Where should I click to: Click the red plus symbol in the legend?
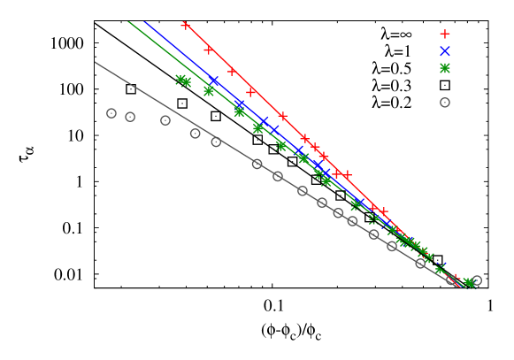tap(445, 34)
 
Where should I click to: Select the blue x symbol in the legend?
tap(445, 50)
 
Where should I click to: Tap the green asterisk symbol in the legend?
tap(445, 68)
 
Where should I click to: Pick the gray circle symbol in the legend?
tap(445, 103)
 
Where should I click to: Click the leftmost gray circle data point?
tap(111, 113)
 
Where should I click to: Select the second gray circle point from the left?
tap(130, 117)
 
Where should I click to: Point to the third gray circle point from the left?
tap(165, 120)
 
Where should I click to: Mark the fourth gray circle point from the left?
tap(196, 134)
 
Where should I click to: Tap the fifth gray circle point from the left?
tap(216, 142)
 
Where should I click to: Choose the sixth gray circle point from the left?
tap(257, 164)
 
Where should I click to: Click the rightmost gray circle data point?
tap(477, 280)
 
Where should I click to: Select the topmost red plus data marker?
tap(186, 25)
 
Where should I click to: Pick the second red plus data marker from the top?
tap(209, 50)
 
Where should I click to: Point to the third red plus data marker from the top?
tap(232, 72)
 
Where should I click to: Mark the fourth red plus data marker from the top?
tap(251, 92)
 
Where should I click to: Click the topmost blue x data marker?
tap(214, 80)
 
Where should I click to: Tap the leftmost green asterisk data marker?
tap(180, 80)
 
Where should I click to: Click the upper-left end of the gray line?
tap(96, 62)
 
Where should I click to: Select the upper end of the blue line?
tap(144, 21)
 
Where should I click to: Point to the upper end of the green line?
tap(128, 21)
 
